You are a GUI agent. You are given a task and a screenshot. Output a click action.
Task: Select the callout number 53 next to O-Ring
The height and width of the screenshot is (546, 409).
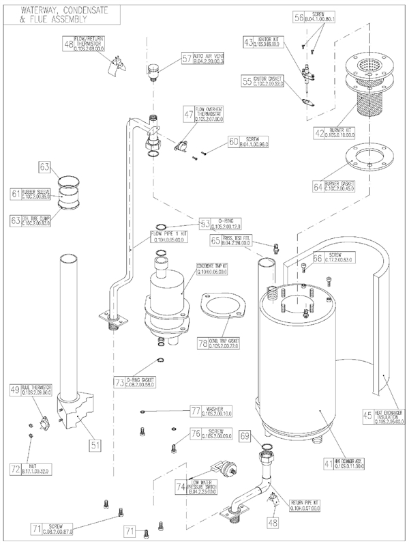(x=205, y=223)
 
